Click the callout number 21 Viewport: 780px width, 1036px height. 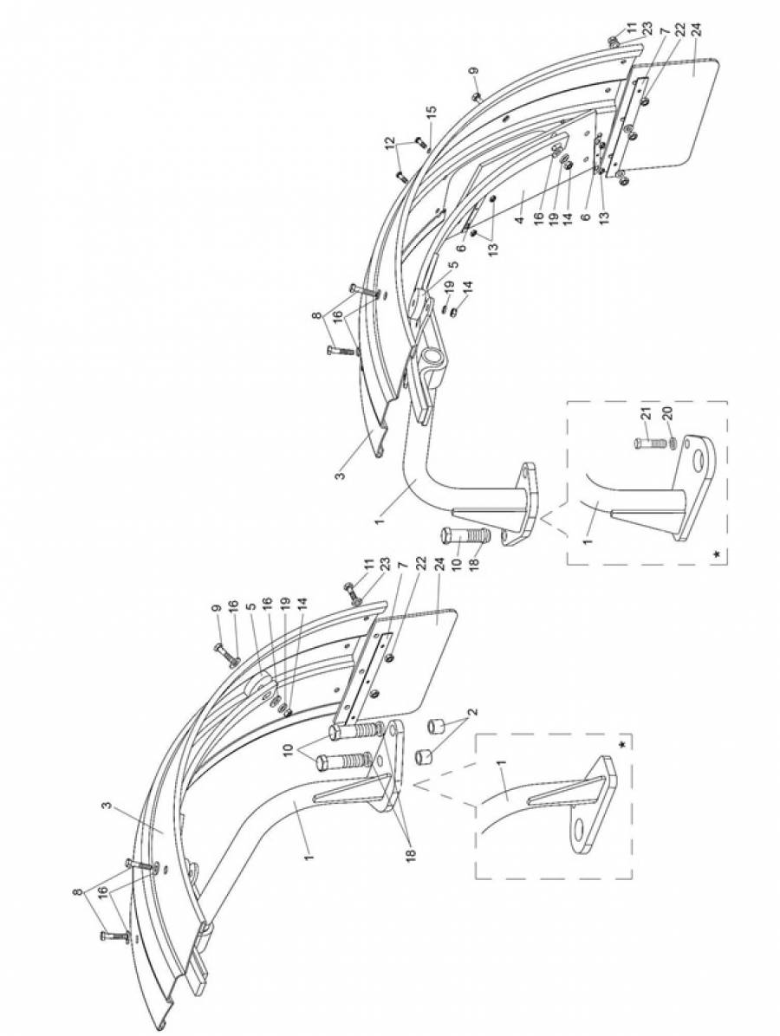coord(647,415)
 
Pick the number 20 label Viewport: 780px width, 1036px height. coord(667,414)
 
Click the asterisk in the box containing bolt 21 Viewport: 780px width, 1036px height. coord(717,554)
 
